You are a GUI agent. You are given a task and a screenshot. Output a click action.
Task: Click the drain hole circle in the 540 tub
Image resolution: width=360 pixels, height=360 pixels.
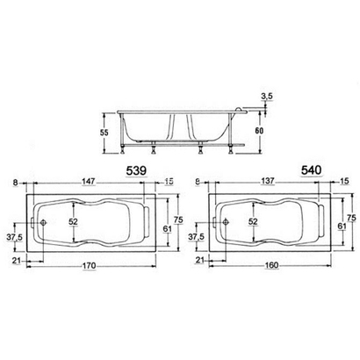(x=221, y=223)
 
